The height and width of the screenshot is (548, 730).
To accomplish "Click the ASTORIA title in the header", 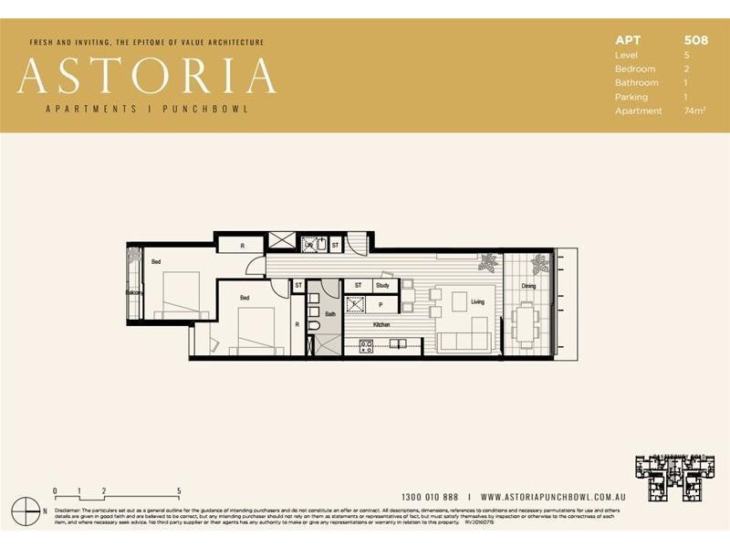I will click(146, 76).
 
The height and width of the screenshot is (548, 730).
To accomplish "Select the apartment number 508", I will click(695, 40).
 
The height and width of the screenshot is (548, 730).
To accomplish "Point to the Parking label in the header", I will click(631, 97).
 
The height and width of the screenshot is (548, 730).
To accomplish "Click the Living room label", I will click(477, 302).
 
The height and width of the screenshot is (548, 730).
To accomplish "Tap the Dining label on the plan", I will click(528, 286).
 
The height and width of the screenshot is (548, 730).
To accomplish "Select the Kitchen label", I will click(381, 324).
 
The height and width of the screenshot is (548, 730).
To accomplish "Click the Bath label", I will click(329, 313).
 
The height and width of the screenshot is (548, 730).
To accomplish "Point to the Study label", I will click(382, 286).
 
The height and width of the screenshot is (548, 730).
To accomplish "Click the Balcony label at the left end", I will click(134, 292).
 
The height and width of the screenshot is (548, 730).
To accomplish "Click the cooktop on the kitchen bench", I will click(366, 344).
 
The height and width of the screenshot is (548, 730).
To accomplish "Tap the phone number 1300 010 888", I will click(430, 496).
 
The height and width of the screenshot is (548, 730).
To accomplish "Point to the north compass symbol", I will click(32, 509).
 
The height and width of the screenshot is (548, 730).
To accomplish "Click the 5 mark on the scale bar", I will click(179, 490).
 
